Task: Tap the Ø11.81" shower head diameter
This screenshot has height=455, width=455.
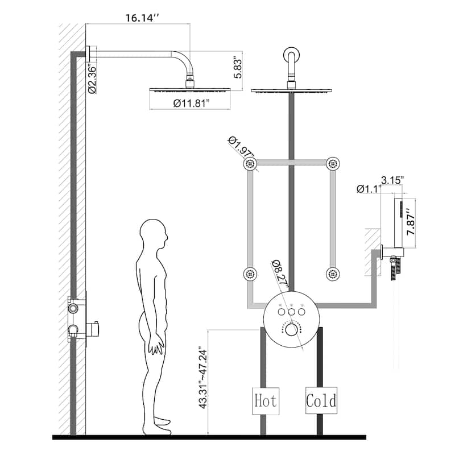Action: (191, 103)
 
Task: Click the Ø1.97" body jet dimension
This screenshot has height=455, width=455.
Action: (241, 147)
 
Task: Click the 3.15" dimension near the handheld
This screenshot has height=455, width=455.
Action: (392, 180)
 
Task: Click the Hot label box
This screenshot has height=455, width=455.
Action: (265, 400)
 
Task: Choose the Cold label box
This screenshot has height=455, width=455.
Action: (321, 400)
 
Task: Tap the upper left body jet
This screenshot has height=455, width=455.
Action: (250, 164)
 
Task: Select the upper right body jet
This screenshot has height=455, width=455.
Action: (333, 164)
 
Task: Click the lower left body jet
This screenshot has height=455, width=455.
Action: (250, 274)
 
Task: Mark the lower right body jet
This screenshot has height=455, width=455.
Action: (333, 274)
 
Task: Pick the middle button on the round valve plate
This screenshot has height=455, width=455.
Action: (291, 312)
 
